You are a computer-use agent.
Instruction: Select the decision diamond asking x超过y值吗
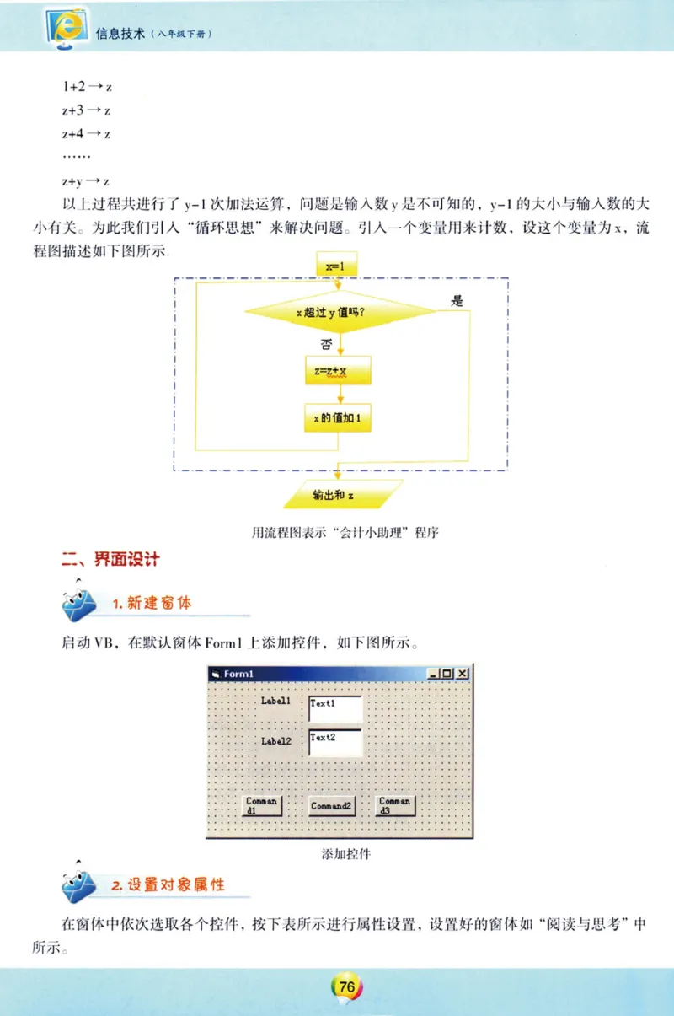[x=340, y=313]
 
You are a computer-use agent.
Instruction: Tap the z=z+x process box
[x=337, y=370]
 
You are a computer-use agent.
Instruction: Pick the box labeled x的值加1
[x=337, y=417]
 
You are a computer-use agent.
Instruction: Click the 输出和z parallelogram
[x=342, y=495]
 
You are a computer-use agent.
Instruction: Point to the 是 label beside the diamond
[x=457, y=300]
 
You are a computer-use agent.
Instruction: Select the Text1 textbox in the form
[x=335, y=708]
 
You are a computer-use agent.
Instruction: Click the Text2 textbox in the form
[x=335, y=742]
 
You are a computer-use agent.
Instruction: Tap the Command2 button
[x=330, y=806]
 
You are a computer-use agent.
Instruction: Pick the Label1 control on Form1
[x=275, y=701]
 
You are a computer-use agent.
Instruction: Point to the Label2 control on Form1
[x=275, y=741]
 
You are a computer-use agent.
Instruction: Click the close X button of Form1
[x=463, y=674]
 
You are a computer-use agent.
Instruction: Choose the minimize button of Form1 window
[x=433, y=674]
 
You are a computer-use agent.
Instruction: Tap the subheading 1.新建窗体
[x=152, y=604]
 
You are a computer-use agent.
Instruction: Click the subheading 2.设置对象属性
[x=168, y=886]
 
